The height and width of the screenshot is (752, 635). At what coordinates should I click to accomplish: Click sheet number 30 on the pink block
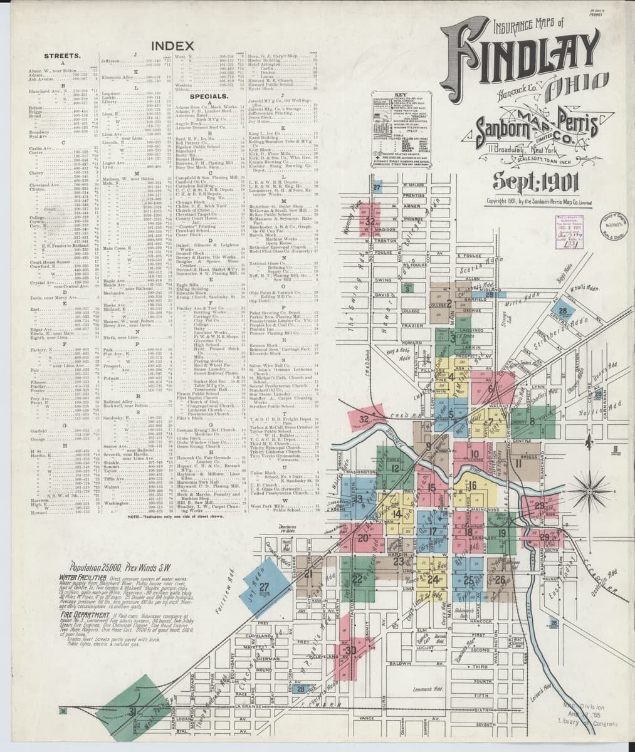pyautogui.click(x=350, y=650)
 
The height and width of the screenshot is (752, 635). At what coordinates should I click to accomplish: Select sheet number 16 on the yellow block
pyautogui.click(x=472, y=486)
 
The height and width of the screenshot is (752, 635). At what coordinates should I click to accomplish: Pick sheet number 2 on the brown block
pyautogui.click(x=449, y=304)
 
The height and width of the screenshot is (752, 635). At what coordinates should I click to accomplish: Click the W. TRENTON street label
pyautogui.click(x=382, y=241)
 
